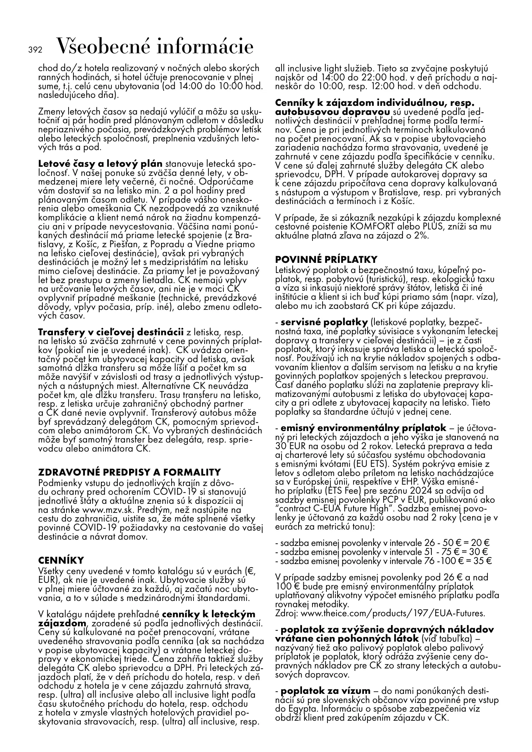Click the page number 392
[x=35, y=49]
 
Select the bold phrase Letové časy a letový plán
[x=100, y=164]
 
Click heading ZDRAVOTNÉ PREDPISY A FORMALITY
[x=129, y=472]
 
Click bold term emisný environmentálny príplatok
[x=363, y=428]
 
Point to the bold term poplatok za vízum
[x=325, y=690]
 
